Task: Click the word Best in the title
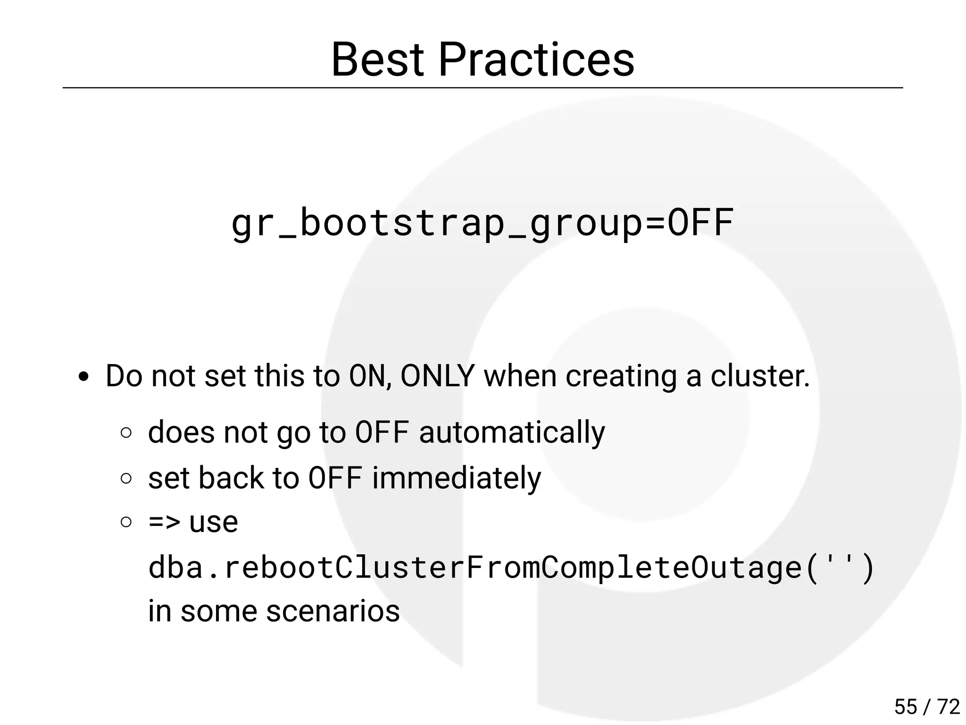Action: coord(377,60)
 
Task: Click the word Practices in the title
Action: coord(536,60)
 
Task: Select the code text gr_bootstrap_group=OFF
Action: coord(482,223)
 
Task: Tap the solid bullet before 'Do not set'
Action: coord(84,377)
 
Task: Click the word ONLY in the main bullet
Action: coord(437,376)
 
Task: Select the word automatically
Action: coord(512,432)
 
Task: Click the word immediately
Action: coord(456,478)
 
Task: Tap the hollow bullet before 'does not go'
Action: coord(126,433)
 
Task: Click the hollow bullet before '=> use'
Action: coord(126,522)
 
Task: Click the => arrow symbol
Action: coord(164,522)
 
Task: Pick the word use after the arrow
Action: coord(213,522)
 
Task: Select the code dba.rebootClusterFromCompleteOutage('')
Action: coord(511,567)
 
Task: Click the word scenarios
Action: coord(333,611)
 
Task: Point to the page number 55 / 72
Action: coord(927,707)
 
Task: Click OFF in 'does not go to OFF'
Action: coord(382,432)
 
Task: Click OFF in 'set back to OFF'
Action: coord(335,478)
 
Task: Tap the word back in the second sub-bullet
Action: coord(231,478)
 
